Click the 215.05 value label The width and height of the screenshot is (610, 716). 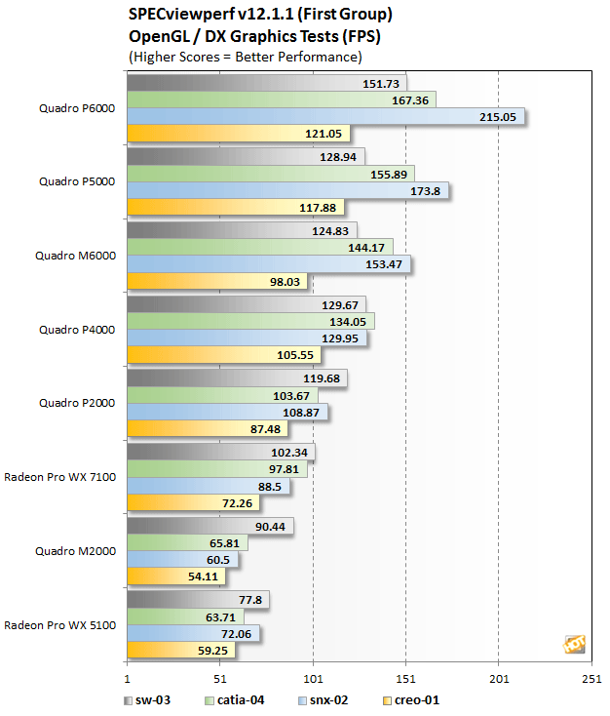pos(497,116)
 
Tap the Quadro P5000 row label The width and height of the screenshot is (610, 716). pos(77,180)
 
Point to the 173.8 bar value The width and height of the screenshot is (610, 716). pos(426,190)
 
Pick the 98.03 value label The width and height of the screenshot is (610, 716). pos(285,281)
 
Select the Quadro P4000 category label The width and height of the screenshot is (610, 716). pos(77,329)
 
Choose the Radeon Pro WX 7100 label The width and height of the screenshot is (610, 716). pos(60,477)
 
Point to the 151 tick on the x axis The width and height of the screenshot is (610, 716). pos(405,679)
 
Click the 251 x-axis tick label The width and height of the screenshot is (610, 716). pos(591,679)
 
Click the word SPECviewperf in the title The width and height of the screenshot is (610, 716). pos(176,16)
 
